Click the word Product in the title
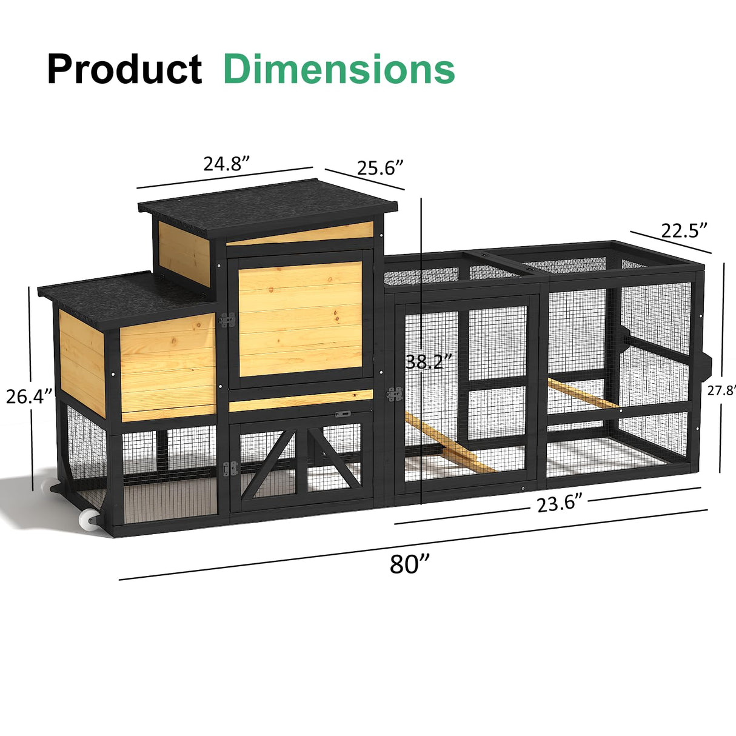pos(124,70)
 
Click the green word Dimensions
pos(339,69)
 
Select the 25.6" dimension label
pos(380,167)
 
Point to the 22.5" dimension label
pos(684,230)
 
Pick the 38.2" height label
pos(429,362)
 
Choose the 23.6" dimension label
pos(559,503)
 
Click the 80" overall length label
pos(410,564)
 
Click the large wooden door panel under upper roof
pos(299,318)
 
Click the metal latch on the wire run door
pos(395,394)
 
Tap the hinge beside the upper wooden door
pos(227,319)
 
